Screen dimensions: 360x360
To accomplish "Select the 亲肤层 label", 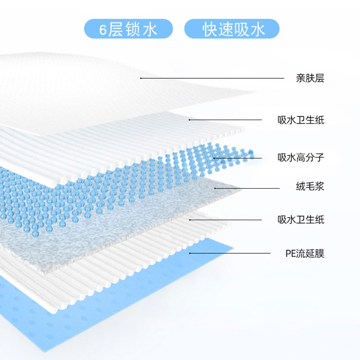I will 310,78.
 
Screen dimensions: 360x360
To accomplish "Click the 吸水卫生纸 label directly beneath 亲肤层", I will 301,120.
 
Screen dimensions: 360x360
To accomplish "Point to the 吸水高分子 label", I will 301,157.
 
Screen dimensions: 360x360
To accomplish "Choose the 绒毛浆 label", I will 310,187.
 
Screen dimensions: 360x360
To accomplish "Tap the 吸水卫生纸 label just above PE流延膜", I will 301,220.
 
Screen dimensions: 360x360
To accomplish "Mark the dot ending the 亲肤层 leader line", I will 141,78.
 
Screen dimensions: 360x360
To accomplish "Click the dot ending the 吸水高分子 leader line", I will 214,157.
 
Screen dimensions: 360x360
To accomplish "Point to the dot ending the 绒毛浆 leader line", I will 216,188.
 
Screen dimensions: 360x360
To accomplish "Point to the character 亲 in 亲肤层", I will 301,78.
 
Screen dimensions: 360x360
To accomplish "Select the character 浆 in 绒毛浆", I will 319,187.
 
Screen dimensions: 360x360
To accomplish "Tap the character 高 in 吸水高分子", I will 301,157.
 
